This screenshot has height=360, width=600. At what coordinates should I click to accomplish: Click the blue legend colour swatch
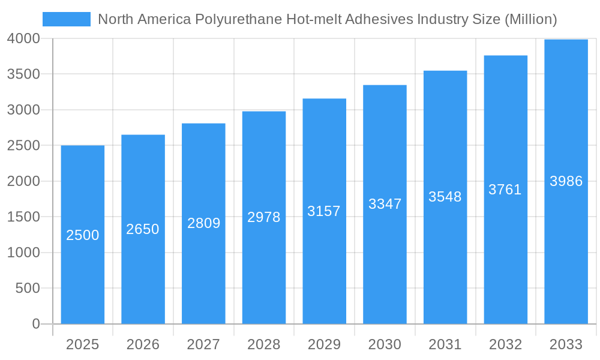(66, 19)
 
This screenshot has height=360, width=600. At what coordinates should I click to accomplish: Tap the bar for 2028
(264, 270)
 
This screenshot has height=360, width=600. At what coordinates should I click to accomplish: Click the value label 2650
(143, 229)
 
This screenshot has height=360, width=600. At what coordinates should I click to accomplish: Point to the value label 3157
(324, 211)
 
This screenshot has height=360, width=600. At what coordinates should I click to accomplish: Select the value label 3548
(445, 197)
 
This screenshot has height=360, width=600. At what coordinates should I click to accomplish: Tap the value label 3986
(566, 181)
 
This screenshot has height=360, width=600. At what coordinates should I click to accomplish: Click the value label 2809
(203, 223)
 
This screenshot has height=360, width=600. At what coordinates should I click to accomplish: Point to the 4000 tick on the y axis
(24, 38)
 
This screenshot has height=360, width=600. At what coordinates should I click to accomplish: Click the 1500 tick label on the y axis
(24, 217)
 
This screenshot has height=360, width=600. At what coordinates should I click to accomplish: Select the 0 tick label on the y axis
(35, 324)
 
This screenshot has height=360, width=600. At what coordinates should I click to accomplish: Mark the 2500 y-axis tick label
(24, 146)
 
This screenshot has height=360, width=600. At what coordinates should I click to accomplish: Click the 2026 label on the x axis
(143, 344)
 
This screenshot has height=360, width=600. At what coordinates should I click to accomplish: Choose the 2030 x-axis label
(385, 344)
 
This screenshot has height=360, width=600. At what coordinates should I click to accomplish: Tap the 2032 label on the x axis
(505, 344)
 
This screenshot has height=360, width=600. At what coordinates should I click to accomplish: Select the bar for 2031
(445, 270)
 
